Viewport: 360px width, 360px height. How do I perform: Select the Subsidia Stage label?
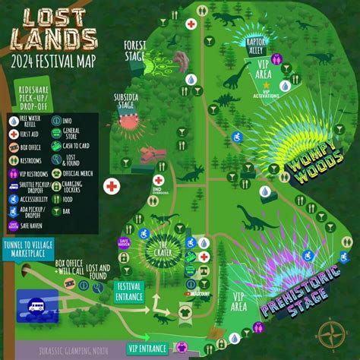click(127, 100)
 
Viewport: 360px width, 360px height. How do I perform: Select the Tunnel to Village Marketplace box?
click(37, 248)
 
